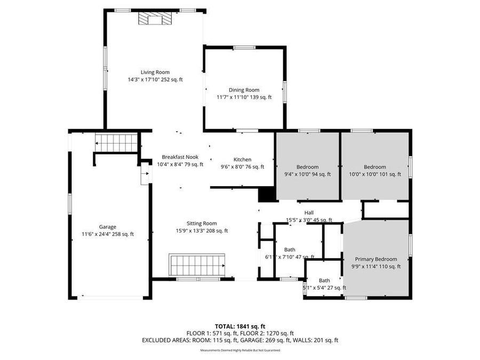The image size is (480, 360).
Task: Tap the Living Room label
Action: coord(155,72)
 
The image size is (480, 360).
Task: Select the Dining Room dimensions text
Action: coord(244,97)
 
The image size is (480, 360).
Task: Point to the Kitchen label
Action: coord(242,159)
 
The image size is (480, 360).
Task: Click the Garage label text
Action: coord(107,227)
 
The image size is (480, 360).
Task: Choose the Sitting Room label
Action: coord(202,223)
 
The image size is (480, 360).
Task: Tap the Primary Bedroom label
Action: coord(376,259)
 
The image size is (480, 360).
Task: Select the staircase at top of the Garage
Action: coord(116,143)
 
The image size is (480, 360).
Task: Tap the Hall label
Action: coord(309,213)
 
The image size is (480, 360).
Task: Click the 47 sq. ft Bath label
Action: coord(290,250)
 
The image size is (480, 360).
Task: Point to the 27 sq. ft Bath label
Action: coord(324,281)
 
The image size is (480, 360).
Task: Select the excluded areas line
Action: coord(239,340)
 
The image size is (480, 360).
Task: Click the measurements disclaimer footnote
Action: coord(239,350)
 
